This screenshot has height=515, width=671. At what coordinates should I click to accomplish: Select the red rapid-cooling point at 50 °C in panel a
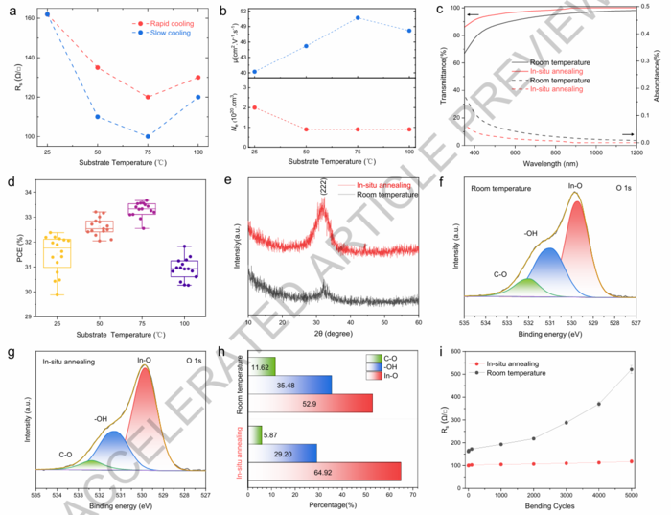[98, 67]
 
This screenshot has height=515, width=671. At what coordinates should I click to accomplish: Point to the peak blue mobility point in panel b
[358, 17]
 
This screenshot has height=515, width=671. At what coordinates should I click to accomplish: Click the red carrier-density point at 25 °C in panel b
[254, 107]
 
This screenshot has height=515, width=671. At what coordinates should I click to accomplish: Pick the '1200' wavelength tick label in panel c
[637, 152]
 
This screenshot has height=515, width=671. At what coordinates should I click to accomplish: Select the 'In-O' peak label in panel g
[146, 361]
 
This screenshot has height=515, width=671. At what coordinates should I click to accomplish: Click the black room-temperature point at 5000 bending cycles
[631, 369]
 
